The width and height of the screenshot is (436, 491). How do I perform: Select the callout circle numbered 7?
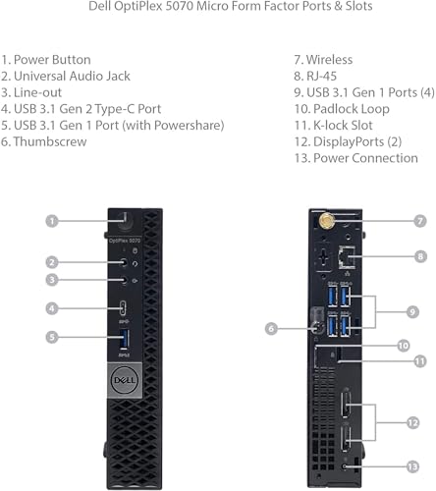419,221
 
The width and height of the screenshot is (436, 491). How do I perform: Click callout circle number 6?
271,329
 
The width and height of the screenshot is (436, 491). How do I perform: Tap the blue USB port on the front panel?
125,340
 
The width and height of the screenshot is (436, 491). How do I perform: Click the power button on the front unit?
121,220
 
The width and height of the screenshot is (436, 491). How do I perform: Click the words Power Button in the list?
58,59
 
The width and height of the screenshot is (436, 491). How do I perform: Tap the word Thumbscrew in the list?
49,141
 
